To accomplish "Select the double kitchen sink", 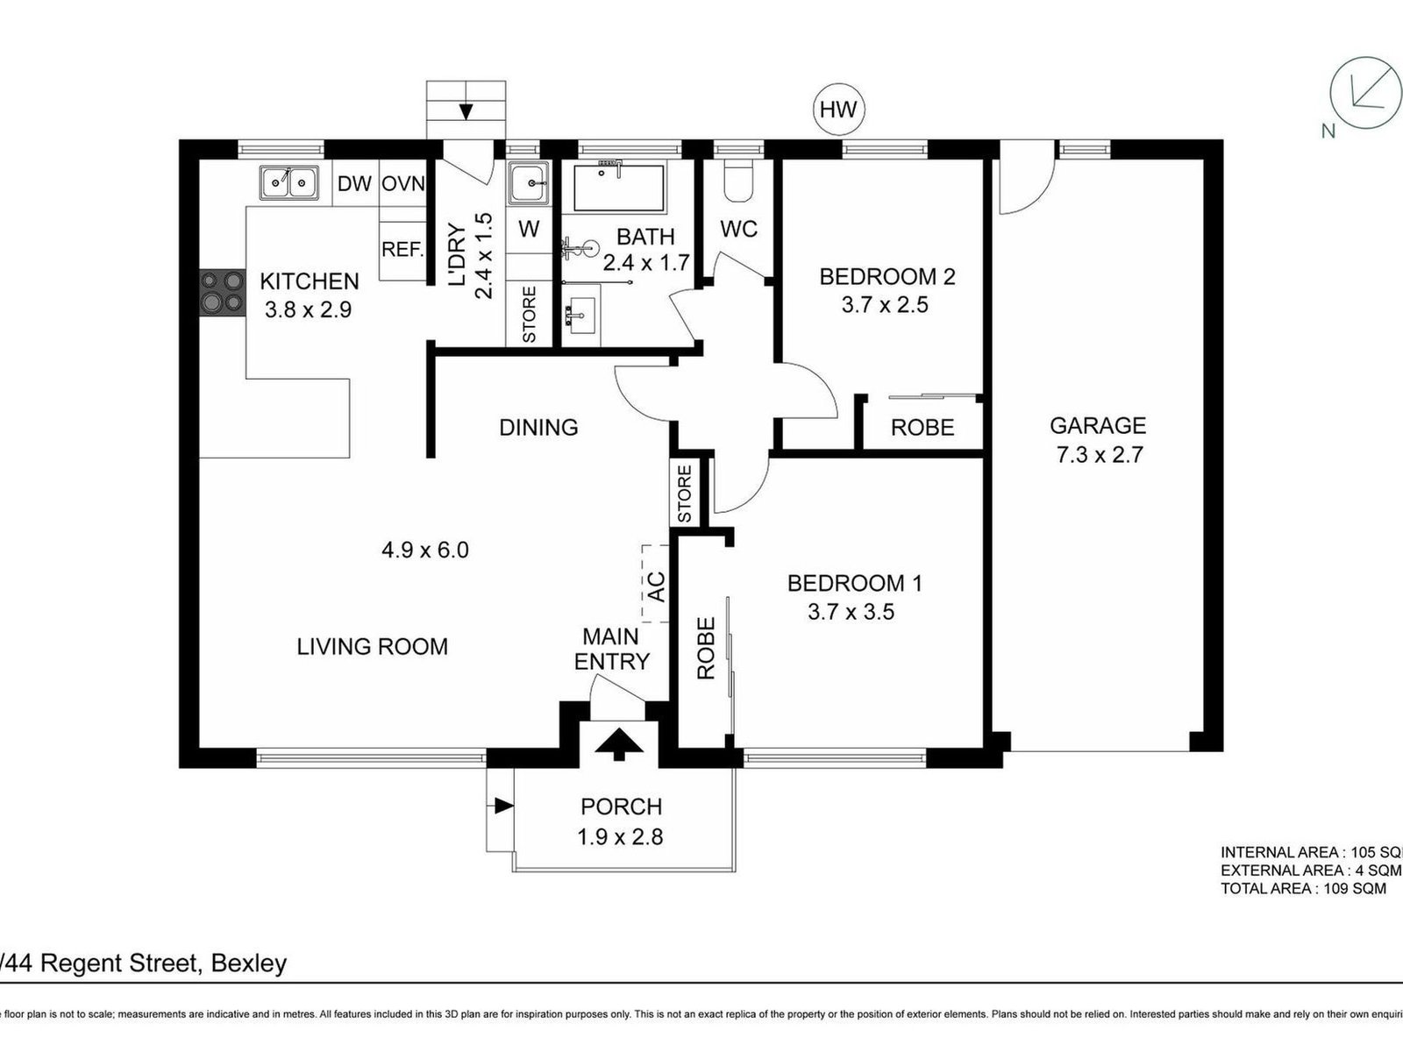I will [288, 183].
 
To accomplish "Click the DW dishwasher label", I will [354, 184].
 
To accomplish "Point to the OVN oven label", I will [402, 184].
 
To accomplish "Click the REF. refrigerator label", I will [402, 250].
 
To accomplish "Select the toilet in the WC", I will [738, 180].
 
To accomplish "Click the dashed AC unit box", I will [655, 584].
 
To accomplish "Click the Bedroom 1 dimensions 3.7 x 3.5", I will [851, 612].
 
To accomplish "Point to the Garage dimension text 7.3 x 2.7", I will [1098, 455].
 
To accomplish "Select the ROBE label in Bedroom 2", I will [922, 428].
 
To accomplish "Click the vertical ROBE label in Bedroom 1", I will [707, 649].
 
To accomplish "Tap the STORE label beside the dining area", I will [685, 493].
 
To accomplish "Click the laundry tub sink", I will [529, 185].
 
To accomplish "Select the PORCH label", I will [621, 807].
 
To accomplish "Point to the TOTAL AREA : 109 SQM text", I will [1303, 888].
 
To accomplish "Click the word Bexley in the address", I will [248, 964].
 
